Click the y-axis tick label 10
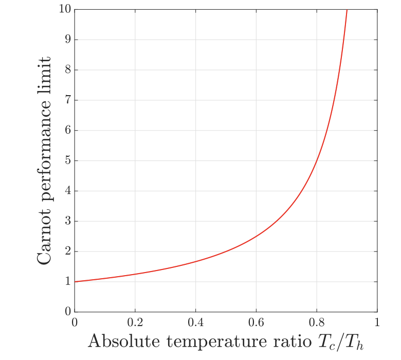click(64, 10)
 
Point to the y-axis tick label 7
click(67, 100)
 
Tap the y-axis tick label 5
click(67, 161)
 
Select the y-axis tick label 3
click(67, 222)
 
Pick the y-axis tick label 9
click(67, 40)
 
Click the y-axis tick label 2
click(67, 252)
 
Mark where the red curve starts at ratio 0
click(75, 281)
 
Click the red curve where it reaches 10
click(347, 10)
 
